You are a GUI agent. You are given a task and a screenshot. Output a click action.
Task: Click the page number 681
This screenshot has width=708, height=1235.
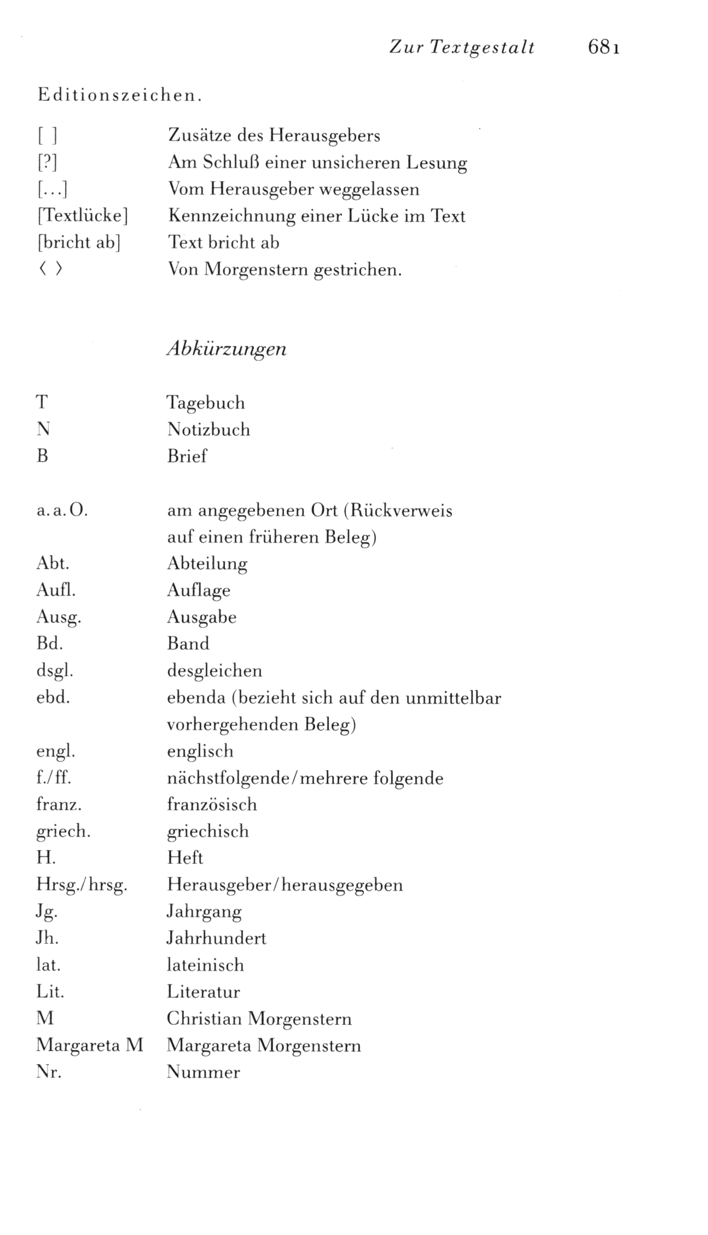pyautogui.click(x=603, y=48)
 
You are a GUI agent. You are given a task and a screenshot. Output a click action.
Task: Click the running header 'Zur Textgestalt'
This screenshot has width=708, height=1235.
pyautogui.click(x=462, y=48)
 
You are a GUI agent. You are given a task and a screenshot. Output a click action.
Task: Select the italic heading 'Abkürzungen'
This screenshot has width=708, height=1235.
pyautogui.click(x=227, y=349)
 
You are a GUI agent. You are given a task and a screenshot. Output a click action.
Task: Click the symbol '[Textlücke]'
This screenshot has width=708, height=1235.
pyautogui.click(x=83, y=216)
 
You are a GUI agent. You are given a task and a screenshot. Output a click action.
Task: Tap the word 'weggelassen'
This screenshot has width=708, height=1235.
pyautogui.click(x=369, y=189)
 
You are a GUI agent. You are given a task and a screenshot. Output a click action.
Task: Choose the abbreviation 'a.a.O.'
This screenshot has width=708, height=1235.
pyautogui.click(x=62, y=511)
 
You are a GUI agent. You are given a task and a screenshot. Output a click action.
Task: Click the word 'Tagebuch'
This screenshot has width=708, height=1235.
pyautogui.click(x=206, y=403)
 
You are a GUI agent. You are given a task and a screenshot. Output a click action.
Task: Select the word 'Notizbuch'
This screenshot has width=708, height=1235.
pyautogui.click(x=208, y=430)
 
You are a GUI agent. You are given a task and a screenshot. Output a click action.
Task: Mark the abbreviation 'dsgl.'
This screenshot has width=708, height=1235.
pyautogui.click(x=55, y=671)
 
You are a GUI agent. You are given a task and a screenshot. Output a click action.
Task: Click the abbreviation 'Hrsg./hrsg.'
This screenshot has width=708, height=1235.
pyautogui.click(x=82, y=885)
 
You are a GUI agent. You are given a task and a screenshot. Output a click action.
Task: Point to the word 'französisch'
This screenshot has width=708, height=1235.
pyautogui.click(x=212, y=805)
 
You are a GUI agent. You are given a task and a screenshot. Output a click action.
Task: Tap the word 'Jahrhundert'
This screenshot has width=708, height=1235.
pyautogui.click(x=216, y=938)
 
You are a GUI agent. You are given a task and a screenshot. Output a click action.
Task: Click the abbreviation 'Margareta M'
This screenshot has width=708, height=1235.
pyautogui.click(x=90, y=1046)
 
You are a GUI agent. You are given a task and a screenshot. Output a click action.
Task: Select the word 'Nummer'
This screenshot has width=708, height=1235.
pyautogui.click(x=203, y=1072)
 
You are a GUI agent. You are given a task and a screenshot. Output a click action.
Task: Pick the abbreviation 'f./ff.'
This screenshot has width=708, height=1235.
pyautogui.click(x=54, y=778)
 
